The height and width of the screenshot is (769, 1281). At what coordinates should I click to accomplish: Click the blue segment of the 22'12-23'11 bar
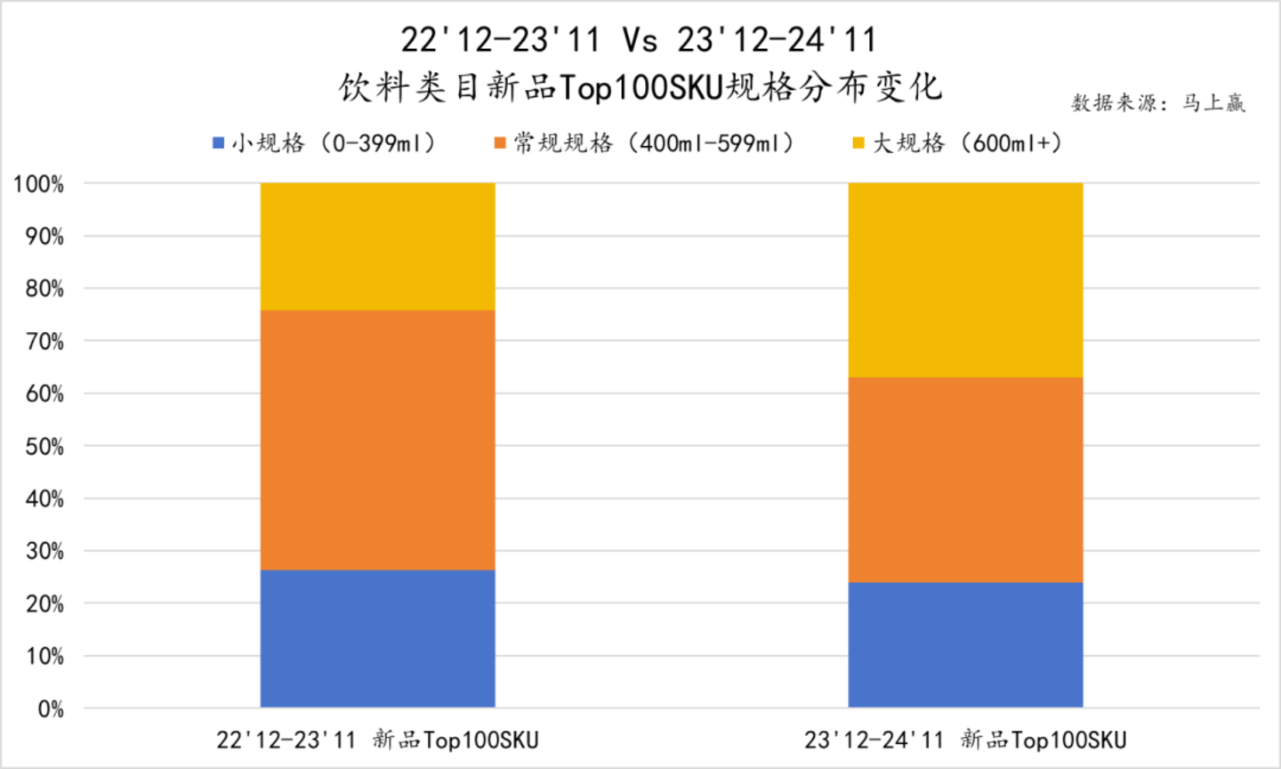(x=377, y=638)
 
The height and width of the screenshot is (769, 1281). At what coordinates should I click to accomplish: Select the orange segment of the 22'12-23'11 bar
(x=377, y=440)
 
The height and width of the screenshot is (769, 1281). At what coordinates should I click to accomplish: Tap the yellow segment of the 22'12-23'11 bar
(x=377, y=247)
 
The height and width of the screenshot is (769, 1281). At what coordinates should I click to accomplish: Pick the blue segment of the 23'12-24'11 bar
(x=965, y=644)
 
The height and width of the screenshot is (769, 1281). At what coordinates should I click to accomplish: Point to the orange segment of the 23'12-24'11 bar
(x=965, y=480)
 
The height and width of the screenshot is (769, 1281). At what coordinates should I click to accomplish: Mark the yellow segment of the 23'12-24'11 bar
(x=965, y=280)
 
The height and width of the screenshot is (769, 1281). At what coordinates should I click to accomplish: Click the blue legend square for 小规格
(x=219, y=143)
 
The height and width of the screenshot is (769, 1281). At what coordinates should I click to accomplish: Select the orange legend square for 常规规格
(x=500, y=143)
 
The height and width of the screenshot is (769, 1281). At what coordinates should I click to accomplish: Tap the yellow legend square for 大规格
(x=858, y=143)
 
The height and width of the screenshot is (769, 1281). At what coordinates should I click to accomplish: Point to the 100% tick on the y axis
(x=38, y=185)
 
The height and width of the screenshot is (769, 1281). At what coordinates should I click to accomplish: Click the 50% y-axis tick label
(x=44, y=447)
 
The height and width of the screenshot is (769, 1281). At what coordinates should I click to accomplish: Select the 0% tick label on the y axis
(x=51, y=709)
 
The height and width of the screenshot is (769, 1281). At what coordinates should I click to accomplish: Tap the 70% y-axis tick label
(x=44, y=342)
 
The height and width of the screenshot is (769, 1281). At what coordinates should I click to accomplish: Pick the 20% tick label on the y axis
(x=44, y=604)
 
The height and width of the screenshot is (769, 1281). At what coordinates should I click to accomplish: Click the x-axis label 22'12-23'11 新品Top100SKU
(x=377, y=741)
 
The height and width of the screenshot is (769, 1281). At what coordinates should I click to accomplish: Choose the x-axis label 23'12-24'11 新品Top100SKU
(x=965, y=741)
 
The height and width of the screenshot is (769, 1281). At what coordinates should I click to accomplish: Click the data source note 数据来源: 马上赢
(x=1157, y=103)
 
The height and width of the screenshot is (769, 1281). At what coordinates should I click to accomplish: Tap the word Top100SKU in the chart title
(x=640, y=88)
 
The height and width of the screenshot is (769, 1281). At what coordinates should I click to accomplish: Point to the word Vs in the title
(x=640, y=40)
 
